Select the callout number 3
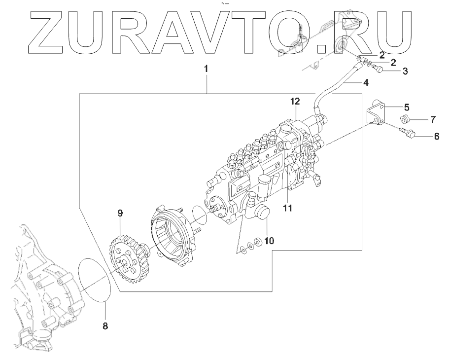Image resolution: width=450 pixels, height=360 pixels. click(x=405, y=72)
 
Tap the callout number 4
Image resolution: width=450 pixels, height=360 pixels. click(x=366, y=83)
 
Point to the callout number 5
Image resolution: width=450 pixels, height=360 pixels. click(x=407, y=107)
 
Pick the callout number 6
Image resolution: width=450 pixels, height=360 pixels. click(x=436, y=137)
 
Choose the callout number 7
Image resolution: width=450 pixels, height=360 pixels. click(x=433, y=120)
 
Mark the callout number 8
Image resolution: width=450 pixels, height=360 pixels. click(x=105, y=326)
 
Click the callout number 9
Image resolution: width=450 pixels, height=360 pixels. click(x=119, y=213)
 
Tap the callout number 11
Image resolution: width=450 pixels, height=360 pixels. click(x=287, y=208)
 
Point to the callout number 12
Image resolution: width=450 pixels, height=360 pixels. click(x=295, y=102)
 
